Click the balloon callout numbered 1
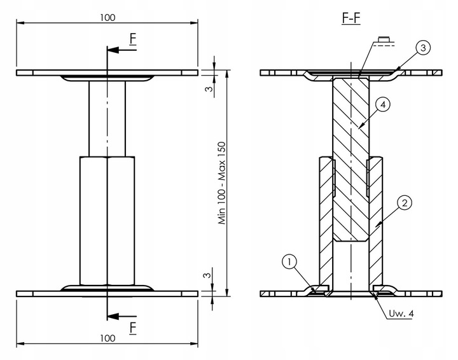coord(289,261)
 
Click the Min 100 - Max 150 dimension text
coord(223,184)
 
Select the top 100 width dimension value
coord(108,17)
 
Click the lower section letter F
coord(132,328)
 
